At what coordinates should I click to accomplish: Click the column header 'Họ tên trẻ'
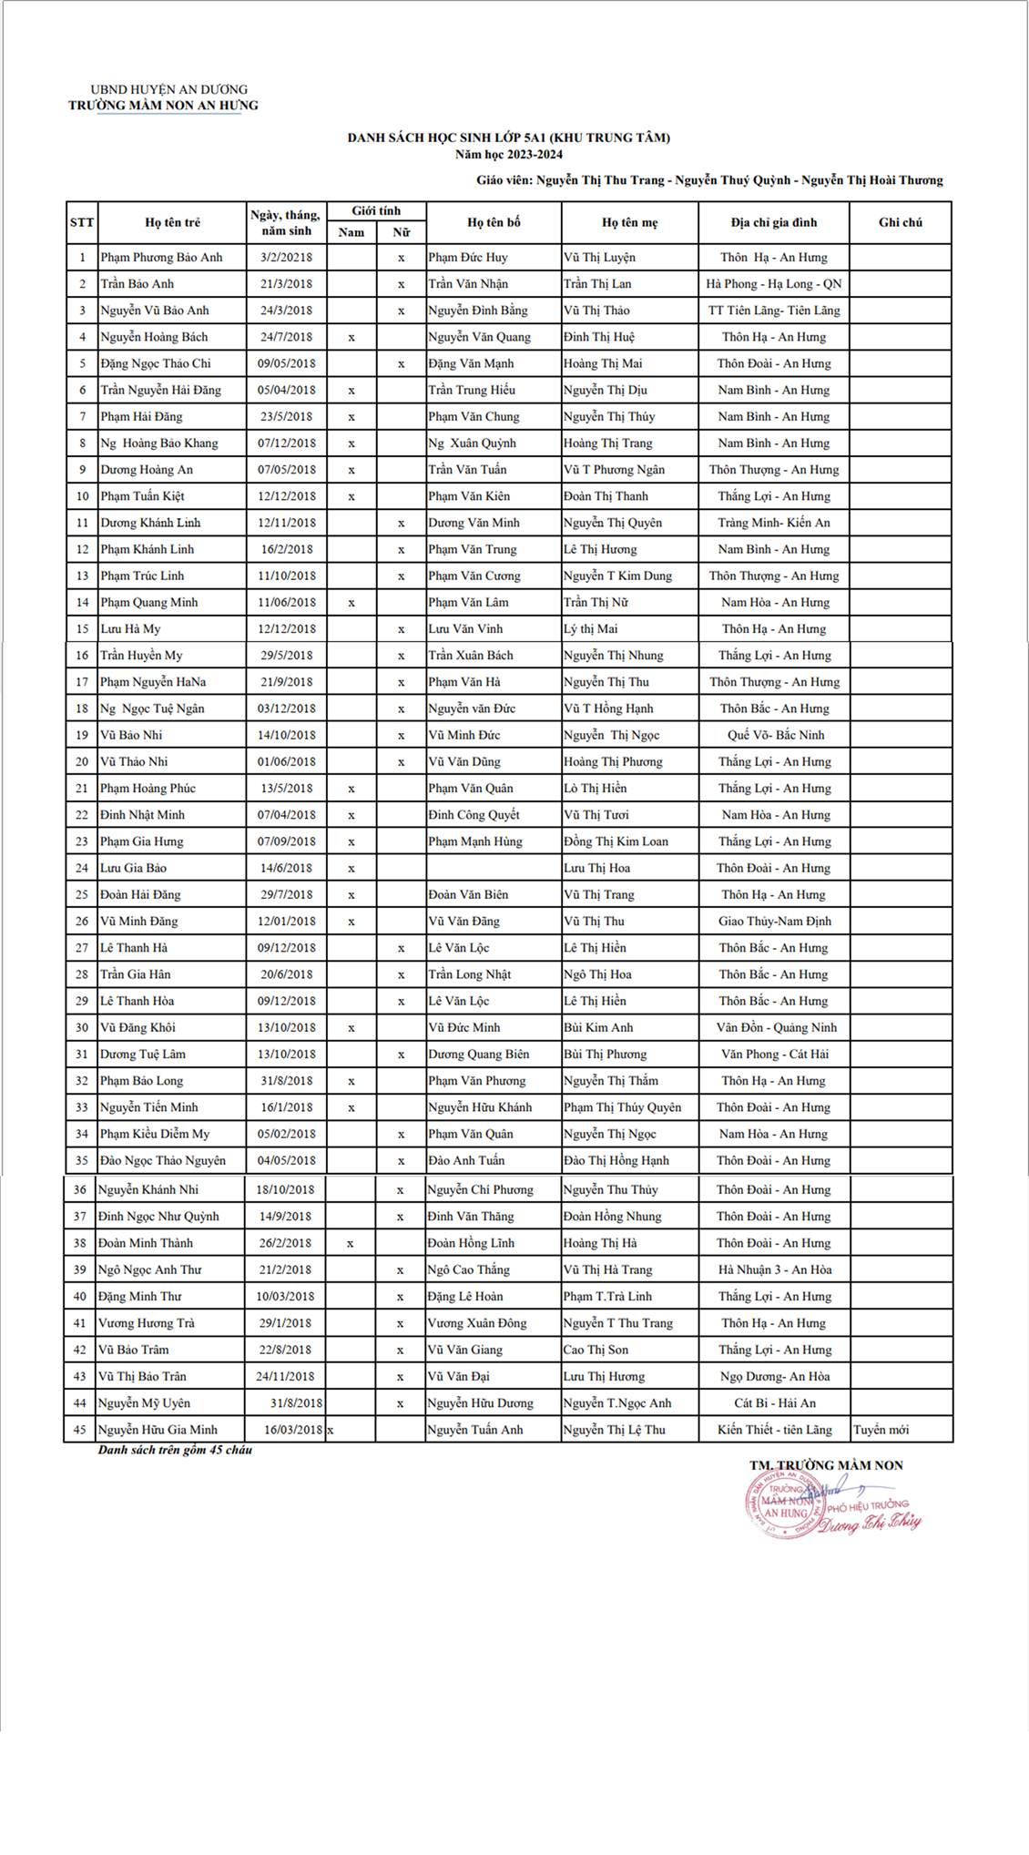pyautogui.click(x=172, y=222)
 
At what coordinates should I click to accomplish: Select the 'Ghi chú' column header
pyautogui.click(x=900, y=222)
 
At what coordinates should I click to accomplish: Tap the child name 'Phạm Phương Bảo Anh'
pyautogui.click(x=161, y=258)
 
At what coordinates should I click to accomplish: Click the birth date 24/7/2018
pyautogui.click(x=286, y=337)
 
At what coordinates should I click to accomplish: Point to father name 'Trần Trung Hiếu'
pyautogui.click(x=472, y=390)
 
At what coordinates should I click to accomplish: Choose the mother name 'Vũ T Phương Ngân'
pyautogui.click(x=614, y=470)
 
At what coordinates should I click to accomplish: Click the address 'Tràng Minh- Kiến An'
pyautogui.click(x=773, y=523)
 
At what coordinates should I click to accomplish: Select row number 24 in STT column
pyautogui.click(x=82, y=868)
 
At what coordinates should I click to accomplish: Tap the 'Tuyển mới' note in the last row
pyautogui.click(x=881, y=1430)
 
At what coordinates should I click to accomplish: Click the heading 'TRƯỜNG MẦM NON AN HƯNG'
pyautogui.click(x=163, y=106)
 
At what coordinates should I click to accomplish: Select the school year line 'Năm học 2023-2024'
pyautogui.click(x=508, y=155)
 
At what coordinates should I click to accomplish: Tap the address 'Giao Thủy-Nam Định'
pyautogui.click(x=774, y=922)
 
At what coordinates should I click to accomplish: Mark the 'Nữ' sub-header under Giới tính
pyautogui.click(x=401, y=232)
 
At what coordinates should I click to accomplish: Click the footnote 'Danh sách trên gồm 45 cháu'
pyautogui.click(x=175, y=1450)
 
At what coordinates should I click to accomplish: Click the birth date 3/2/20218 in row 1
pyautogui.click(x=286, y=258)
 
